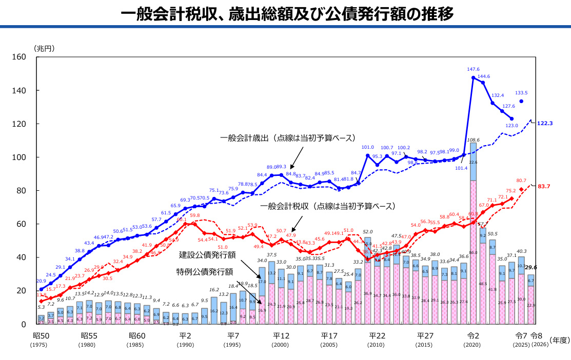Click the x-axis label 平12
(x=281, y=336)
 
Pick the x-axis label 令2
(x=472, y=336)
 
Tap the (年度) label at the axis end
(x=558, y=340)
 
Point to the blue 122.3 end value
(x=545, y=124)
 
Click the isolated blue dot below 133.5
(x=521, y=101)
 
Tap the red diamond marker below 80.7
(x=521, y=190)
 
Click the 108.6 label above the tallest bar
(x=473, y=139)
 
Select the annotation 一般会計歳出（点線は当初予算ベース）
(x=287, y=138)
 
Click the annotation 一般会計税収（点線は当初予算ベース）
(x=328, y=207)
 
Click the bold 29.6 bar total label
(x=531, y=267)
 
